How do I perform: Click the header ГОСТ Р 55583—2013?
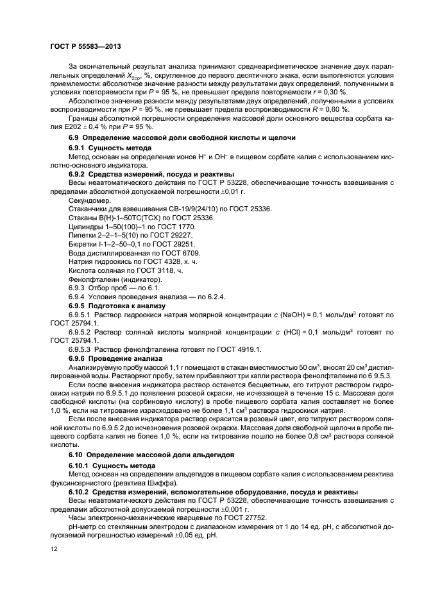[85, 47]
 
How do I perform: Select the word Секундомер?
[87, 200]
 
